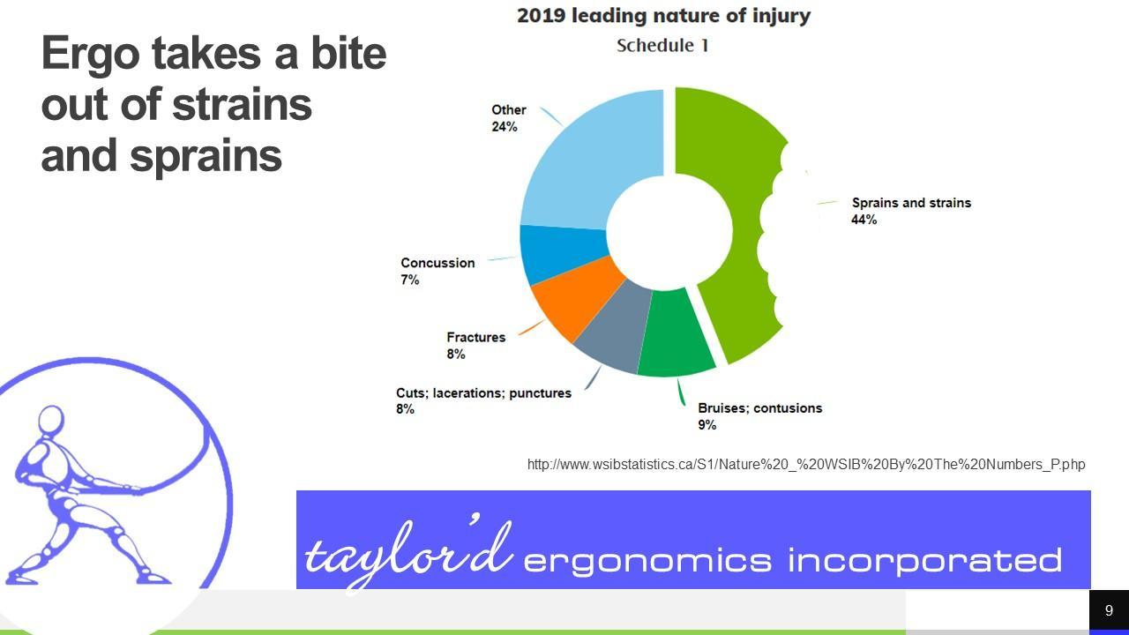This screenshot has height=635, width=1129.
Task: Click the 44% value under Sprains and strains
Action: click(x=864, y=220)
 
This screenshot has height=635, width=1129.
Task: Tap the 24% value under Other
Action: click(x=504, y=126)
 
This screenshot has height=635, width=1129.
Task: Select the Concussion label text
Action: click(x=437, y=263)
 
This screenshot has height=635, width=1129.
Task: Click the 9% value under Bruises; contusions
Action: click(x=707, y=425)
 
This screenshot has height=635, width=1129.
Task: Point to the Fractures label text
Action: click(x=475, y=337)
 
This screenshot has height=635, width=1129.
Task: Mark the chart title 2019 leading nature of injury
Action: click(x=663, y=16)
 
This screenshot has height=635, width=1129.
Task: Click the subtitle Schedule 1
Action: click(x=662, y=45)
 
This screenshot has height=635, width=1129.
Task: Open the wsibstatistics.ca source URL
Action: click(x=806, y=464)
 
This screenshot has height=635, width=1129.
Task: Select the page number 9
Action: click(x=1109, y=610)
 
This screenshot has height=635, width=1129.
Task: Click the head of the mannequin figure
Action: click(x=51, y=419)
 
